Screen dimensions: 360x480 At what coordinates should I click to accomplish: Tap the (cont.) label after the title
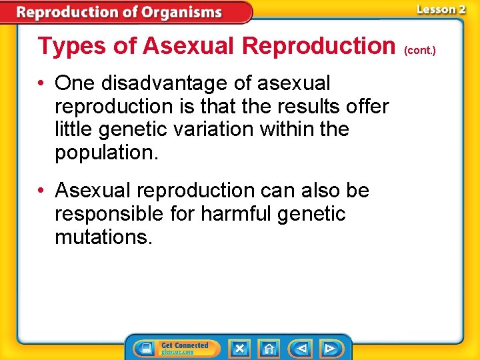419,49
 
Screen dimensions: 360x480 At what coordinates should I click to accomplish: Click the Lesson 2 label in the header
441,9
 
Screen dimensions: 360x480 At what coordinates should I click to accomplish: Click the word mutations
103,237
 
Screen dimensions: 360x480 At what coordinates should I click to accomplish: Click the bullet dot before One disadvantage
42,84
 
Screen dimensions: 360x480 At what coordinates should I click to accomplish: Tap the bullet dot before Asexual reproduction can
42,191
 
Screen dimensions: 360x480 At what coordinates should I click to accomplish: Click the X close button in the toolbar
239,348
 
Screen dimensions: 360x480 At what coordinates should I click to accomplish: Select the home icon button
269,348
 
